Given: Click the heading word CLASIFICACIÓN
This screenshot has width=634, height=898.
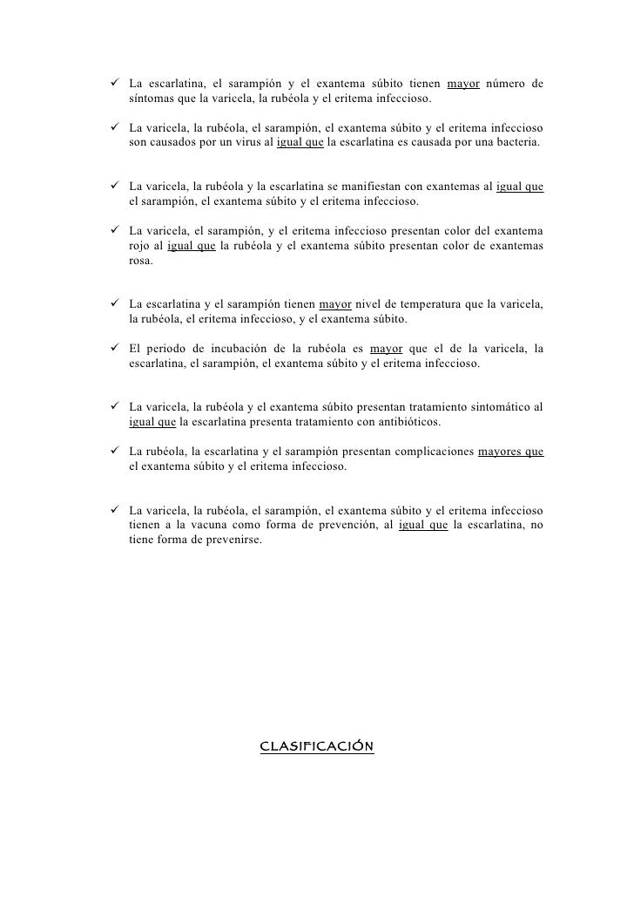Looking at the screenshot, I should [x=317, y=746].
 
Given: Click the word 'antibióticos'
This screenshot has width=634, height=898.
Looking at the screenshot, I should [x=408, y=422].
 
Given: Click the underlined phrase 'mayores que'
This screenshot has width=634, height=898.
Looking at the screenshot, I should [x=511, y=452].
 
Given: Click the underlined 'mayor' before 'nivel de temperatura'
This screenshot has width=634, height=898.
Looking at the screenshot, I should [x=335, y=304].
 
